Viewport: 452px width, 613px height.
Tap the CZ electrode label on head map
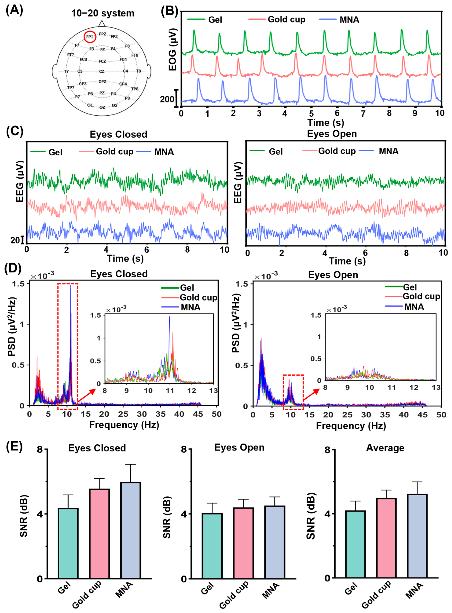pyautogui.click(x=102, y=71)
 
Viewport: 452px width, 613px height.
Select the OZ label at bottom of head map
pyautogui.click(x=102, y=107)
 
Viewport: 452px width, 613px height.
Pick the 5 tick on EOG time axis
pyautogui.click(x=311, y=113)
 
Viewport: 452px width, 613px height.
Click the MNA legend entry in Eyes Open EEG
pyautogui.click(x=388, y=151)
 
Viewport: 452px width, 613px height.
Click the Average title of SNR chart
pyautogui.click(x=385, y=448)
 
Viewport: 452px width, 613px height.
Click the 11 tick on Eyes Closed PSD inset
pyautogui.click(x=170, y=390)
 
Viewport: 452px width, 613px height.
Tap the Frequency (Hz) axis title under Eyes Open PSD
pyautogui.click(x=351, y=426)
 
